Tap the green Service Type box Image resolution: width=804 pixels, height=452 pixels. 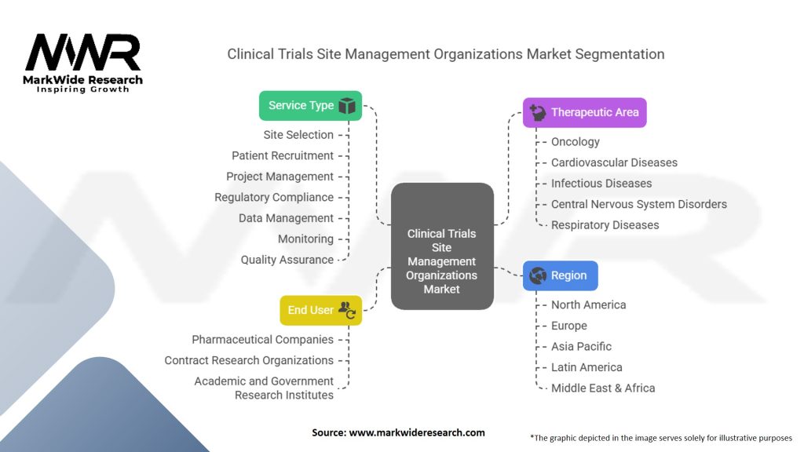(310, 106)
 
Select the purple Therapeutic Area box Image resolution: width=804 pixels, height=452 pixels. (584, 112)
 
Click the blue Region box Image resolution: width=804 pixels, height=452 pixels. (560, 275)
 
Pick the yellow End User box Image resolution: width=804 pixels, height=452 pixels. (320, 310)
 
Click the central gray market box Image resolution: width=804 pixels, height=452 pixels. (441, 246)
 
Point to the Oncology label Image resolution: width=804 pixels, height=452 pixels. (575, 142)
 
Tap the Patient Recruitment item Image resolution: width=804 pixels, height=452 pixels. (283, 155)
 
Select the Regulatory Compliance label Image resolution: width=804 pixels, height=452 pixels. (274, 197)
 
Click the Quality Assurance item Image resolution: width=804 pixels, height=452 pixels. (287, 260)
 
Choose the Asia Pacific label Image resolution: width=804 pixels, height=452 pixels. (581, 346)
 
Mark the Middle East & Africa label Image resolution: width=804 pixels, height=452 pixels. (603, 388)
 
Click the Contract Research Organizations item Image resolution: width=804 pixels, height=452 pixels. (249, 360)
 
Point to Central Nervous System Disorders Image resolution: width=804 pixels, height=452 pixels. (638, 204)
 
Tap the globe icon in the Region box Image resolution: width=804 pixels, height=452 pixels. (538, 275)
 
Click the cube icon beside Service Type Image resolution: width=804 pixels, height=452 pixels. (347, 106)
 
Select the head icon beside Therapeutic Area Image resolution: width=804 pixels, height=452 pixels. (538, 112)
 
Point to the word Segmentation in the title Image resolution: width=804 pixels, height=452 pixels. (616, 54)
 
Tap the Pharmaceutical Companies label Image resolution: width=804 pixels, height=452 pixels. (262, 340)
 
